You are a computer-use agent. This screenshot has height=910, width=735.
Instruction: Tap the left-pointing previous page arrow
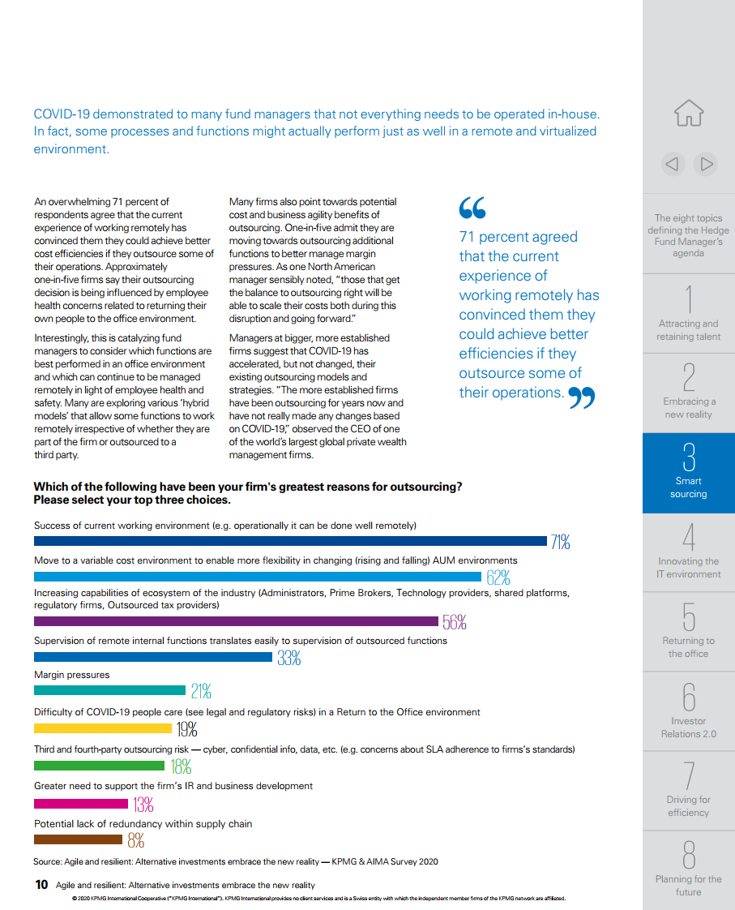pyautogui.click(x=673, y=165)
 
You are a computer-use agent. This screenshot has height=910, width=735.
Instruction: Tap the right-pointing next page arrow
pyautogui.click(x=706, y=165)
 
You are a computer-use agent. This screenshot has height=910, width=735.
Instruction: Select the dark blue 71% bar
pyautogui.click(x=290, y=541)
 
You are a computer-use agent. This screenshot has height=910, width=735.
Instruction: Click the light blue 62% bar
pyautogui.click(x=258, y=577)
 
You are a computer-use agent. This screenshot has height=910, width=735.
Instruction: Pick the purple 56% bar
pyautogui.click(x=237, y=621)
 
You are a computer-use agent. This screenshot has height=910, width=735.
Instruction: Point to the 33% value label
pyautogui.click(x=288, y=658)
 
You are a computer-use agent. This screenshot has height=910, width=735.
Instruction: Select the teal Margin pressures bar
pyautogui.click(x=109, y=690)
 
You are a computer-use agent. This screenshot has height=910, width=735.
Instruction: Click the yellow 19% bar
pyautogui.click(x=103, y=728)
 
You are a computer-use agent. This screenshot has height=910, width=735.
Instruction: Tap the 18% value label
pyautogui.click(x=181, y=767)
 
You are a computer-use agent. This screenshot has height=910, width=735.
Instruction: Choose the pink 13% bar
pyautogui.click(x=81, y=804)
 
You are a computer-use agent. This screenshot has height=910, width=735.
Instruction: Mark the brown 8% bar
pyautogui.click(x=79, y=839)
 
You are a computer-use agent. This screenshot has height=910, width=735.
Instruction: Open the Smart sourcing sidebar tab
pyautogui.click(x=689, y=473)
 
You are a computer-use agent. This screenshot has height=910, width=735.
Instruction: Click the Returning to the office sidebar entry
pyautogui.click(x=689, y=632)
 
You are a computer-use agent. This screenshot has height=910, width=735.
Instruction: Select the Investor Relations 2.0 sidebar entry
pyautogui.click(x=689, y=711)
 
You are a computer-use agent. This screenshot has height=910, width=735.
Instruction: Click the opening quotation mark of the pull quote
pyautogui.click(x=472, y=208)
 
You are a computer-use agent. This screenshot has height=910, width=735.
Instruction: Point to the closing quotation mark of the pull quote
pyautogui.click(x=581, y=397)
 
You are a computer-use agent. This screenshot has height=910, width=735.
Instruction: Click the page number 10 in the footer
pyautogui.click(x=41, y=885)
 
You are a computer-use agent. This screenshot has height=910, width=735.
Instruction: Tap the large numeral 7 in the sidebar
pyautogui.click(x=689, y=775)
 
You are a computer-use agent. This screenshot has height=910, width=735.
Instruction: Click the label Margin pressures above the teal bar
pyautogui.click(x=72, y=675)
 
